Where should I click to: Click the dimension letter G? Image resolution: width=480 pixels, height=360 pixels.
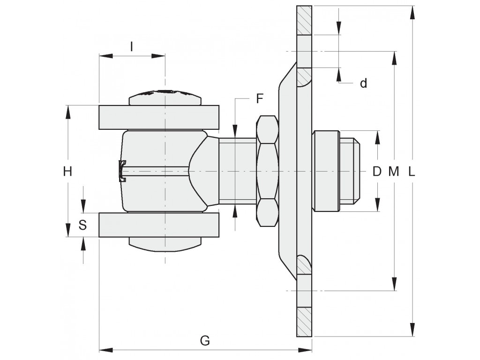(205, 340)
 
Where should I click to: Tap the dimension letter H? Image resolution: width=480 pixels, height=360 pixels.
(67, 172)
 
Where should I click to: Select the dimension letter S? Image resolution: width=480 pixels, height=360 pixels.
(82, 225)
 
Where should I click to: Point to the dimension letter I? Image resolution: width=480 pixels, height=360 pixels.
(132, 47)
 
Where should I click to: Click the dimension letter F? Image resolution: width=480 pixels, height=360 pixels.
(260, 98)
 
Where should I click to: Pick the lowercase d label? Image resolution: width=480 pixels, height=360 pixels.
(363, 83)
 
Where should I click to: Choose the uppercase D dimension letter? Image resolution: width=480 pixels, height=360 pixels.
(377, 172)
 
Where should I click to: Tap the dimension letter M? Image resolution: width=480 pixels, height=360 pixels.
(394, 172)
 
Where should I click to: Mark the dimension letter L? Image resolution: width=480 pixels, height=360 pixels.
(412, 172)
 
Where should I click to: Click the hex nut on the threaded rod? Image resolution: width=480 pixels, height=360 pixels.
(267, 171)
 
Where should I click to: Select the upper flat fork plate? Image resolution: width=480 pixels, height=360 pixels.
(159, 117)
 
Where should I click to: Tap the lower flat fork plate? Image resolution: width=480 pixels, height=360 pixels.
(159, 225)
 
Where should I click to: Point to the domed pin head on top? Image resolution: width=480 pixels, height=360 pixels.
(165, 97)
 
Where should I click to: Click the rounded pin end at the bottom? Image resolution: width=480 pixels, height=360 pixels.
(165, 244)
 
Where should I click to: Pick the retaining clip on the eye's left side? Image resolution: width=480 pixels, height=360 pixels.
(122, 171)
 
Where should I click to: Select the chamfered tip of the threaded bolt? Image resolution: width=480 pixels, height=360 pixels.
(356, 171)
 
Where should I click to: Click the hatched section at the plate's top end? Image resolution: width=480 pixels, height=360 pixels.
(304, 20)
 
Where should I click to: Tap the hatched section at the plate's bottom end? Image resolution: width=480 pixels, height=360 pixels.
(304, 322)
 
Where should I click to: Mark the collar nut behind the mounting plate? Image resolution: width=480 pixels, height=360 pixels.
(326, 171)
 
